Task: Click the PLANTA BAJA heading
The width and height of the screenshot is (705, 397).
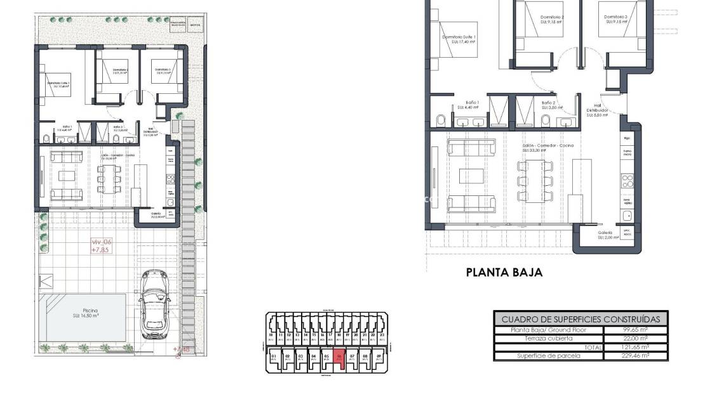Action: click(504, 272)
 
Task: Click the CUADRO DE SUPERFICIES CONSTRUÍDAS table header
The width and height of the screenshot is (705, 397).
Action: click(581, 319)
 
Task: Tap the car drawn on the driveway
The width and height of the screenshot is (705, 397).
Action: click(154, 304)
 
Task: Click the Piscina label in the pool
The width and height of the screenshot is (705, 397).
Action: click(89, 311)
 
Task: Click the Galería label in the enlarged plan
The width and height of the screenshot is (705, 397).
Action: click(605, 233)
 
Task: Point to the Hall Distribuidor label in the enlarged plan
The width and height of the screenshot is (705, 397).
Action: click(597, 108)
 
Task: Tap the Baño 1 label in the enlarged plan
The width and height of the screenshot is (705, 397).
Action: click(471, 102)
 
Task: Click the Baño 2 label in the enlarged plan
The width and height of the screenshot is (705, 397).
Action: click(549, 102)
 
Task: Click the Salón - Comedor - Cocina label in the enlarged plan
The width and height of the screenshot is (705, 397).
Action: click(548, 145)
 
